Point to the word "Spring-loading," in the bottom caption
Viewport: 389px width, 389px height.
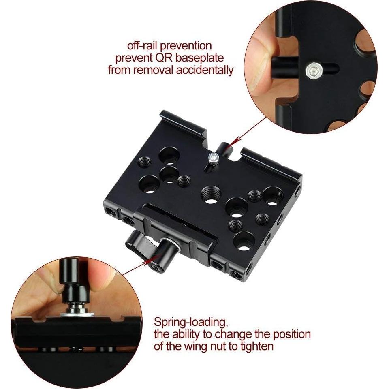(x=190, y=323)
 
